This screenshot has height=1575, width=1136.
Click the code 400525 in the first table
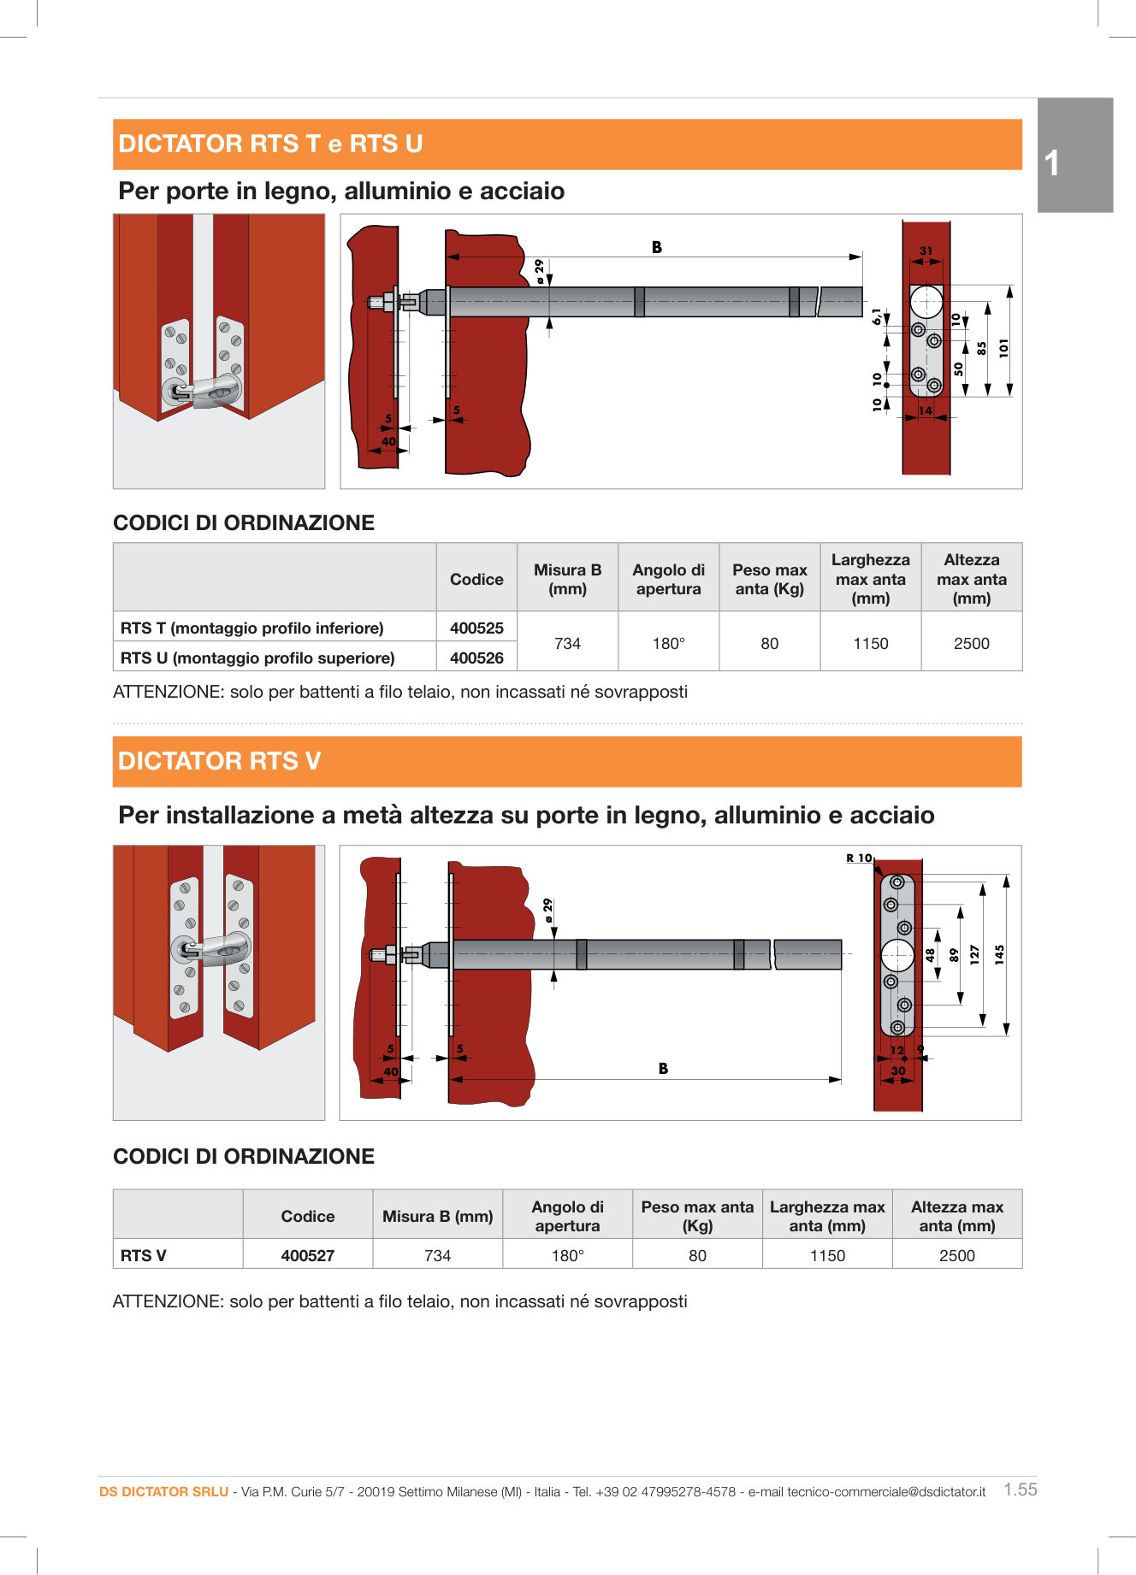[476, 628]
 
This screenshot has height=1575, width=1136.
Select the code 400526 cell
[476, 658]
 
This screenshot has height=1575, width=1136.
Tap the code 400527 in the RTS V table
[308, 1255]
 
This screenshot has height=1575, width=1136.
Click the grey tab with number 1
[1074, 156]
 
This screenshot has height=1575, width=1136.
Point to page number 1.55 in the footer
[1020, 1489]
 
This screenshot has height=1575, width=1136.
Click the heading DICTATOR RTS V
[220, 761]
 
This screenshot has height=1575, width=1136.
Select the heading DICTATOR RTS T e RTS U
[270, 144]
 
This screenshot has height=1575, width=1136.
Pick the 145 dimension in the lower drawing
[999, 954]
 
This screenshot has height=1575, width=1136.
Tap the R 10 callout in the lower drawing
[859, 858]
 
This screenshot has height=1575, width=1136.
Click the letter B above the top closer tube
[657, 247]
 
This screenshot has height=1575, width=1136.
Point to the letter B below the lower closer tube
[663, 1068]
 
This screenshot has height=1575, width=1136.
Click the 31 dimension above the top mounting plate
[926, 251]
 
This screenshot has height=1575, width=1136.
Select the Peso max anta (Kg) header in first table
[769, 579]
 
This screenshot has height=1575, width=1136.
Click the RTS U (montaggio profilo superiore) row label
[257, 658]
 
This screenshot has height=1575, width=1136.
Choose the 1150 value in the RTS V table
[827, 1255]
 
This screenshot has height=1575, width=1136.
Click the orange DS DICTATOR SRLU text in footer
[163, 1491]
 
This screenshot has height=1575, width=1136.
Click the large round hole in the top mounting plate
[926, 302]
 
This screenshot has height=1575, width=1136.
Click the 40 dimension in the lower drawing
[391, 1071]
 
